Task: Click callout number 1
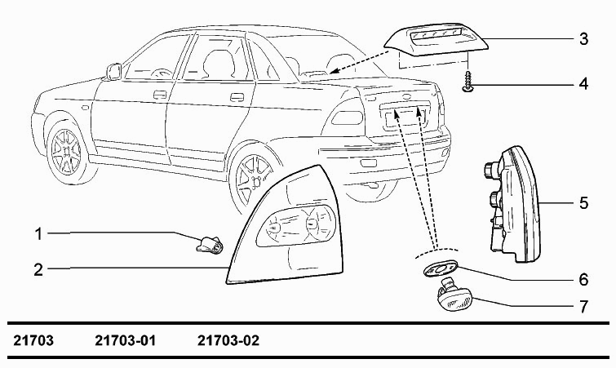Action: pos(38,234)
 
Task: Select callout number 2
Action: pos(38,270)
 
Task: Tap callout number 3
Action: pos(583,39)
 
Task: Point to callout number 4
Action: pos(583,84)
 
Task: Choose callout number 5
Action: pos(583,203)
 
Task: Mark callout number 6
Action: pos(583,280)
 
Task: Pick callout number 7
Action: pos(584,306)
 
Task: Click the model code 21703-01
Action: pos(126,340)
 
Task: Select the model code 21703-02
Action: pos(228,340)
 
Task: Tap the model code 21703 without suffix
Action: pos(33,340)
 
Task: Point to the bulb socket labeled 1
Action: pos(210,244)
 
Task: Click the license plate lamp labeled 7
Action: pos(454,295)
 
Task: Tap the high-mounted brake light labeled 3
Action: pos(436,39)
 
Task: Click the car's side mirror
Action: pos(113,72)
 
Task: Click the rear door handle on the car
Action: pos(237,97)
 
